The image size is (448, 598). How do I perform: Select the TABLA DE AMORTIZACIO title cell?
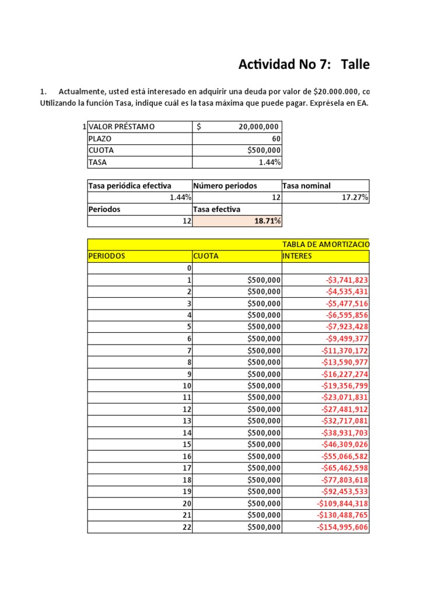[x=325, y=244]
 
